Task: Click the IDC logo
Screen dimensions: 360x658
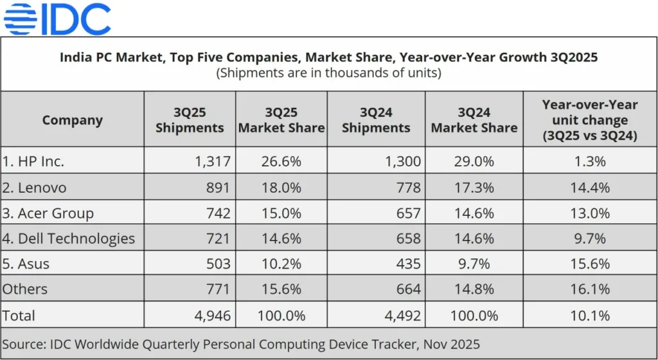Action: click(57, 19)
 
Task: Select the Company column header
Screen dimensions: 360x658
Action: click(72, 120)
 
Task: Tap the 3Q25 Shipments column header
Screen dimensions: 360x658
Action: click(190, 120)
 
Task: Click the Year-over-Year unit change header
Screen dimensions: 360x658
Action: click(589, 120)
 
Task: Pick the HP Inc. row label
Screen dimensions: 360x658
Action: click(33, 161)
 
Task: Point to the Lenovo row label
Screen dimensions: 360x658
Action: click(35, 187)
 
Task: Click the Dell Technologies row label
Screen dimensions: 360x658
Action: click(69, 239)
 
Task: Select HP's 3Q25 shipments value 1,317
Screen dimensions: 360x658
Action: click(212, 161)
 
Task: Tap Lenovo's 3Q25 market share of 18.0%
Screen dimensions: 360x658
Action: click(281, 187)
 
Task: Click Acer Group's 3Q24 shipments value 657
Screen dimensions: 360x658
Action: click(409, 213)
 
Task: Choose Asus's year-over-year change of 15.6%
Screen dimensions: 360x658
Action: click(589, 264)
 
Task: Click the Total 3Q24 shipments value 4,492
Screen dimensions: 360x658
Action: click(402, 316)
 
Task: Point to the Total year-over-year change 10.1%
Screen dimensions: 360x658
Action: click(589, 316)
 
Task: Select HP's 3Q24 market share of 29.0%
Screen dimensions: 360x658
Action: click(474, 161)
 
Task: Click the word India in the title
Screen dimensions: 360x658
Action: click(75, 57)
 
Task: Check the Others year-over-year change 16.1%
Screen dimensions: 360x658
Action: click(589, 290)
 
